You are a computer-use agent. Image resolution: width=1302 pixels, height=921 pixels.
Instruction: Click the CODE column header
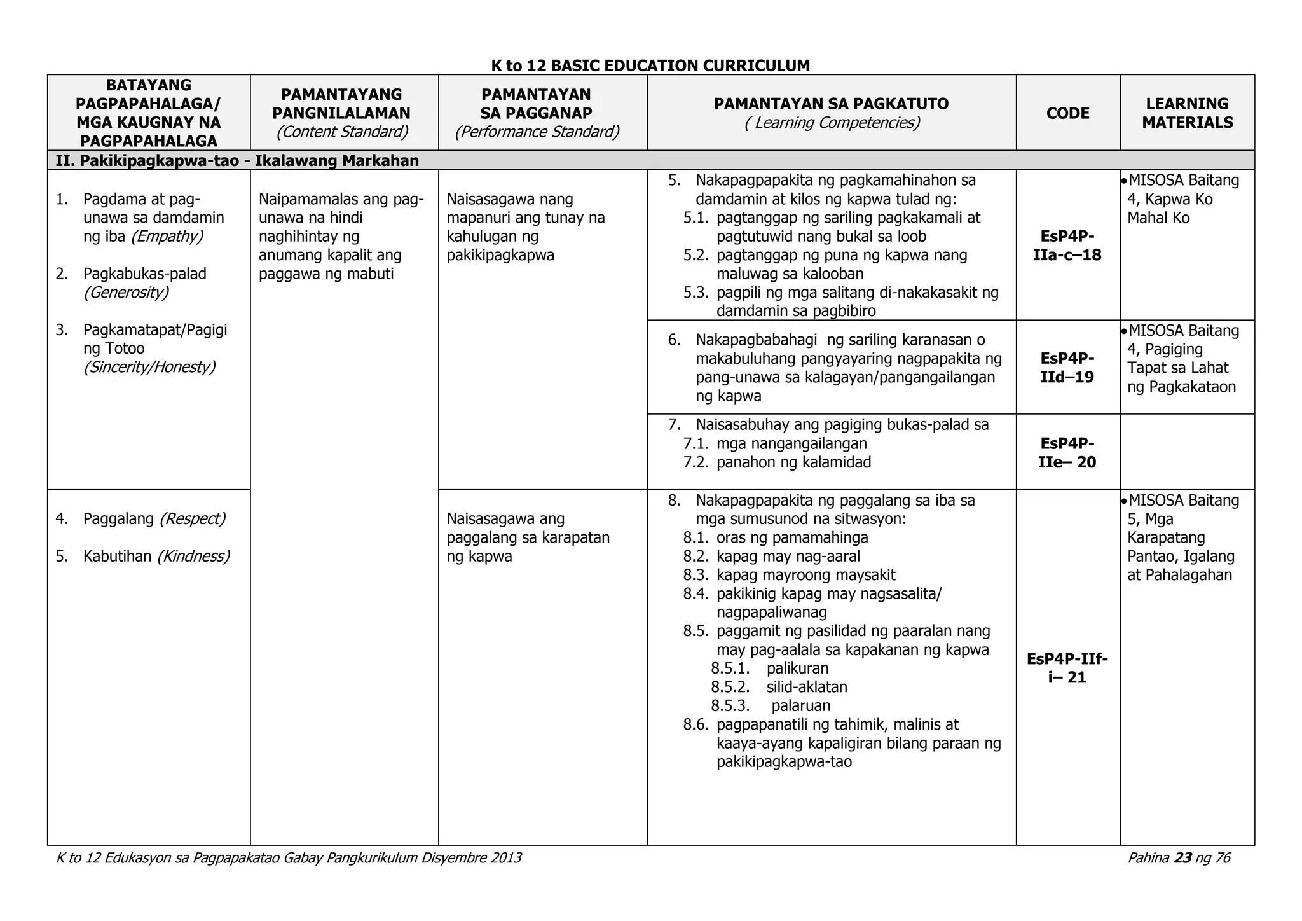click(x=1067, y=113)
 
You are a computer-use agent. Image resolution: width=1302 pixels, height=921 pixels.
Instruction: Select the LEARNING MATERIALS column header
click(x=1187, y=113)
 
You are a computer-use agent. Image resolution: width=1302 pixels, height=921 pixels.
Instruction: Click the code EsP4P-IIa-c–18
click(x=1067, y=246)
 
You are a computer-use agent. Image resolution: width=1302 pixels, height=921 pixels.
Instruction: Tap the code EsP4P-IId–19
click(x=1067, y=368)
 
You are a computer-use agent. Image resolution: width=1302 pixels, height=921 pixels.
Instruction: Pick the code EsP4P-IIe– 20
click(x=1067, y=452)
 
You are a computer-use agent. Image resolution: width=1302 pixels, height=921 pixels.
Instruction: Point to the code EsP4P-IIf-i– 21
click(x=1067, y=668)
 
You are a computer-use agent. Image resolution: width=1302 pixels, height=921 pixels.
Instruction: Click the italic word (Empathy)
click(x=167, y=237)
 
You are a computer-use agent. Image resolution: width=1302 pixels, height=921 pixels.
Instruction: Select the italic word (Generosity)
click(x=126, y=293)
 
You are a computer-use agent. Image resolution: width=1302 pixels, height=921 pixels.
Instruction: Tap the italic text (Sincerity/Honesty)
click(x=149, y=367)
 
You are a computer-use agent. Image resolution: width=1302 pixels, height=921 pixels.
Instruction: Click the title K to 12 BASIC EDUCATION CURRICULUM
click(x=650, y=66)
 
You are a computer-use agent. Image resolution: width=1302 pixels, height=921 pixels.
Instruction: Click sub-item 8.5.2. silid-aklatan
click(x=806, y=687)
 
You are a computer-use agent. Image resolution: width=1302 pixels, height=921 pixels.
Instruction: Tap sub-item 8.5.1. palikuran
click(x=797, y=668)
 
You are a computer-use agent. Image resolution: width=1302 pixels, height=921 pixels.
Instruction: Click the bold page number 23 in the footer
click(x=1182, y=858)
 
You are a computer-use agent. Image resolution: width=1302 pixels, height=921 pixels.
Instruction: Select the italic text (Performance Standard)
click(x=537, y=132)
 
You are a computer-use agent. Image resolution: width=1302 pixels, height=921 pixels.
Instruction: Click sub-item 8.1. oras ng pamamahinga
click(x=791, y=537)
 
